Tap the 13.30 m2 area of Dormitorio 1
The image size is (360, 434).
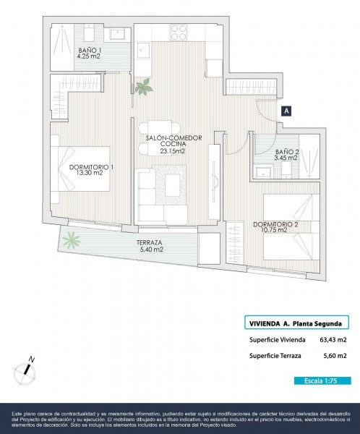click(90, 173)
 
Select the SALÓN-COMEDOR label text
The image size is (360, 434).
click(173, 138)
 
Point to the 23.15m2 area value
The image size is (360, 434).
click(172, 151)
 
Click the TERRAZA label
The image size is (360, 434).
click(150, 243)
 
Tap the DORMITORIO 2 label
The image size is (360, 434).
click(275, 224)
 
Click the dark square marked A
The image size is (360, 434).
click(286, 111)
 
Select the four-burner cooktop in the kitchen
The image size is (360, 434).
click(179, 33)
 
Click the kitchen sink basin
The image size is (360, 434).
click(143, 51)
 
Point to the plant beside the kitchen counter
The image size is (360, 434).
click(144, 87)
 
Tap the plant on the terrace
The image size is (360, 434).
click(72, 240)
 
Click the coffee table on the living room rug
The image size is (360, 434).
click(173, 185)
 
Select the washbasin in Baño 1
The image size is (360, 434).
click(118, 34)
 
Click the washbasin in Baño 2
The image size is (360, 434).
click(264, 172)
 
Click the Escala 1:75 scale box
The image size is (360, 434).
click(322, 381)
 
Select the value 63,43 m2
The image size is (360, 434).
click(333, 340)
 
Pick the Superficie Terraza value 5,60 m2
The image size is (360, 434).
click(335, 356)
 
